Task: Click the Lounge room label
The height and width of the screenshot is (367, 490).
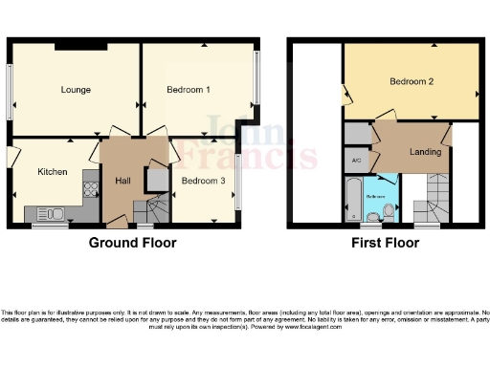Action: tap(76, 90)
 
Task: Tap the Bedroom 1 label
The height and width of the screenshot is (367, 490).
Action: tap(189, 90)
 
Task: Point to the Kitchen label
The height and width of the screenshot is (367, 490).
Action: tap(52, 172)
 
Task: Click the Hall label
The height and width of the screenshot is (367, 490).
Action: tap(123, 181)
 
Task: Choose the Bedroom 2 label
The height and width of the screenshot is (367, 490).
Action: tap(412, 82)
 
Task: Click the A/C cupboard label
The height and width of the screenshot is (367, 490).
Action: tap(356, 160)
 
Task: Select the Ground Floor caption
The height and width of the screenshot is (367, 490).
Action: tap(133, 243)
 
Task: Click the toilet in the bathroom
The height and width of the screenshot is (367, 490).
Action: tap(388, 210)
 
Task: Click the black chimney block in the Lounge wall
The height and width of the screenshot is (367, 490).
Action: tap(80, 46)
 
